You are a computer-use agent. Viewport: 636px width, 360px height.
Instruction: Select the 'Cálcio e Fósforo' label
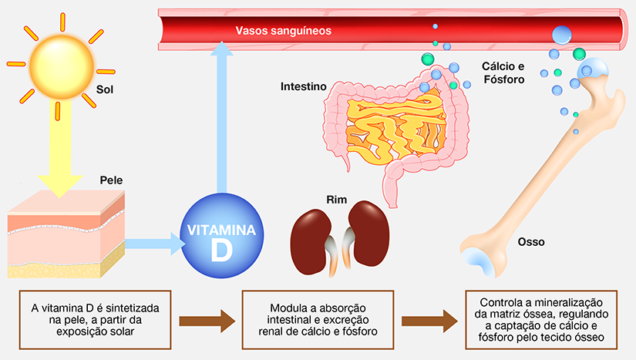point(503,73)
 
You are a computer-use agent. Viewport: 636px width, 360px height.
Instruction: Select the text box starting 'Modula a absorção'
point(318,319)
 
